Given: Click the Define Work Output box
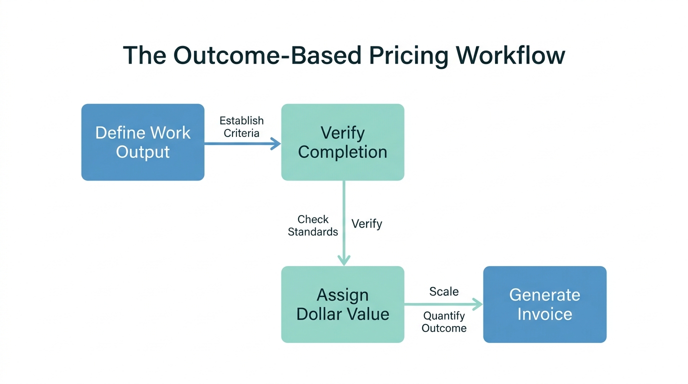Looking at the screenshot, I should click(142, 142).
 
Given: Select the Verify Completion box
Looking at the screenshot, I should click(342, 142).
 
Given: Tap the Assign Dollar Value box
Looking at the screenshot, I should click(342, 304).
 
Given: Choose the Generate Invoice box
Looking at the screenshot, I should click(544, 304).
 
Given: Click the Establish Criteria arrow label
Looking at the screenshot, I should click(241, 127).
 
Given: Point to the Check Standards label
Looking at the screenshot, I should click(313, 225).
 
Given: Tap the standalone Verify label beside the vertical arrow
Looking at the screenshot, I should click(366, 223).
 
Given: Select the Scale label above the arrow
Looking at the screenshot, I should click(443, 291).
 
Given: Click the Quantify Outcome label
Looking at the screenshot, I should click(443, 322).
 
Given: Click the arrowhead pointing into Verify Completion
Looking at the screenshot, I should click(276, 144).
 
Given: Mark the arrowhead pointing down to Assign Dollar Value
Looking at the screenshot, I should click(344, 260).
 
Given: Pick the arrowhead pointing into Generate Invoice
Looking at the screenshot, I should click(478, 304).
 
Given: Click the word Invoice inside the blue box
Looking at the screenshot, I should click(544, 314).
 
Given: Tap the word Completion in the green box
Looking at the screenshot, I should click(342, 152).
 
